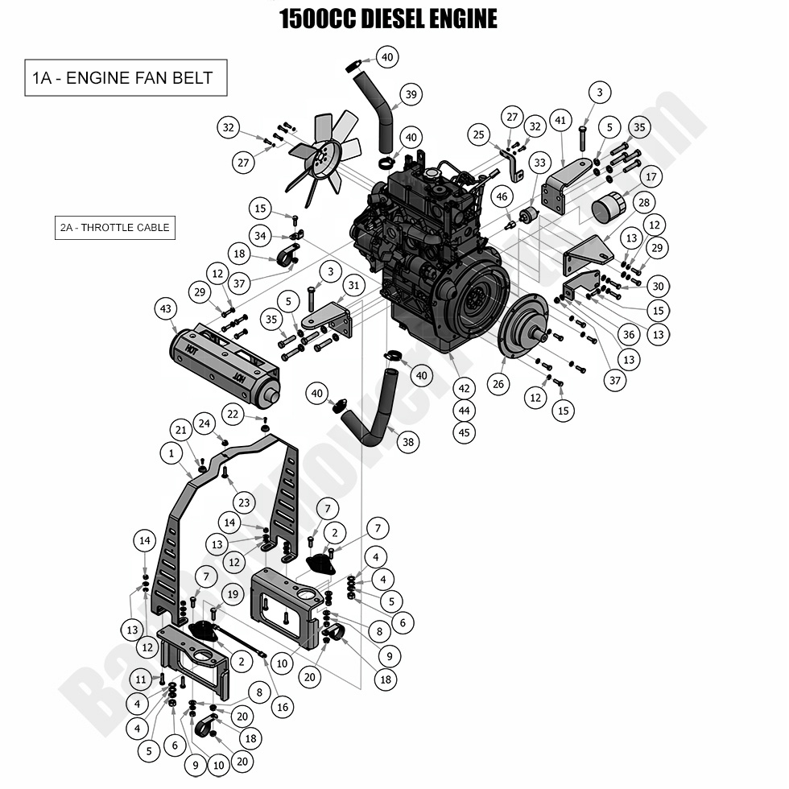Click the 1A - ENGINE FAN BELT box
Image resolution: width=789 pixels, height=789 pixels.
(126, 78)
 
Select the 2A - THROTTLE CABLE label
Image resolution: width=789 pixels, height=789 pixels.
(114, 228)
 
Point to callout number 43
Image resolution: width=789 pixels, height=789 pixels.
(166, 308)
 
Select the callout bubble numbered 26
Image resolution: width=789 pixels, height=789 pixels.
(498, 384)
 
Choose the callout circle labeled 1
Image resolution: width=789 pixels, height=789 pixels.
(171, 454)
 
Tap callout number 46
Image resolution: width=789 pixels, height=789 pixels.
(502, 196)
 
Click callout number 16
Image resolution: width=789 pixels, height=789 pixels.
(281, 707)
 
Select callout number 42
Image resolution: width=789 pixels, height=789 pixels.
(464, 387)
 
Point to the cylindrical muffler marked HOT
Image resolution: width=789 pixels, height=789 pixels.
(224, 367)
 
